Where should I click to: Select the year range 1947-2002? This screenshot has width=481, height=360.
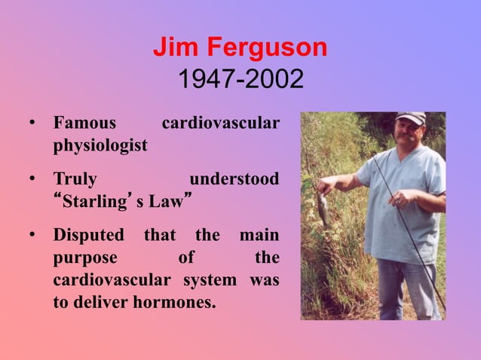[x=240, y=78]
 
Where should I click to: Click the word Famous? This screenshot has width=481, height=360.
[x=84, y=123]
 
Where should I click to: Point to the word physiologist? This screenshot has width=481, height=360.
[x=100, y=145]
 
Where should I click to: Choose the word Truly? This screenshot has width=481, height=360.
[x=75, y=179]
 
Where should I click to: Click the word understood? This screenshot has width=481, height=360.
[x=234, y=179]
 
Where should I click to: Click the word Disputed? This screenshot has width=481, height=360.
[x=88, y=236]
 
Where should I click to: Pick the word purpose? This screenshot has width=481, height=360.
[x=85, y=258]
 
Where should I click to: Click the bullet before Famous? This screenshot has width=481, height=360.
[x=33, y=123]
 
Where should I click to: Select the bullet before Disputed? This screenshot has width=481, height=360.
[x=33, y=236]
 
